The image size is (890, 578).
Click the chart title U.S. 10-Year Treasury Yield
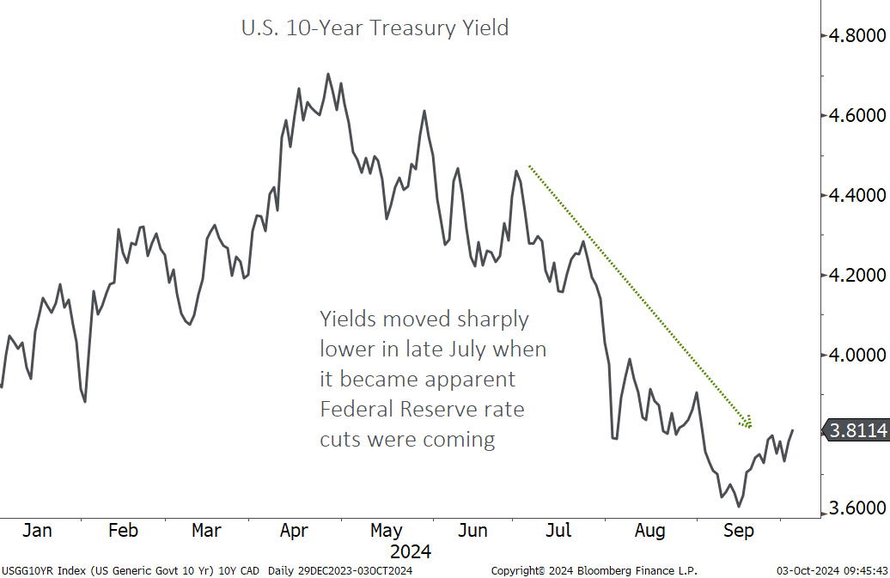point(374,28)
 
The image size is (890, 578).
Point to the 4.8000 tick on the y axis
point(856,36)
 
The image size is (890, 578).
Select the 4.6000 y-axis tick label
point(856,116)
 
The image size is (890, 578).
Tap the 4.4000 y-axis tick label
point(856,196)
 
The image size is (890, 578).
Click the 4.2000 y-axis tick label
point(856,276)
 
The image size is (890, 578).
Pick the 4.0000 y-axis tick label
point(856,355)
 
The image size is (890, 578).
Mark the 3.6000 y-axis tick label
point(856,508)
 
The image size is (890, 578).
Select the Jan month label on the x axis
point(37,531)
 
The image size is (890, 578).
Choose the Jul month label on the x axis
point(559,531)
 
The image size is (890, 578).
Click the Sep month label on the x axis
point(738,531)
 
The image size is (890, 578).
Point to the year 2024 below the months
point(411,551)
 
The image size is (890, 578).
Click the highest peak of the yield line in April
point(328,74)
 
